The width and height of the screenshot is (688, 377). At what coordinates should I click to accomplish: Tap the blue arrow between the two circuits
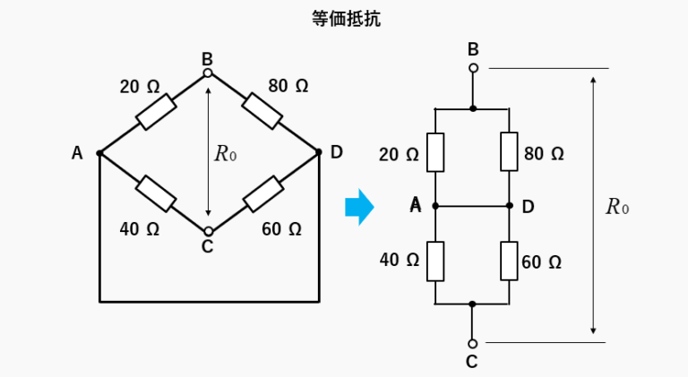click(358, 207)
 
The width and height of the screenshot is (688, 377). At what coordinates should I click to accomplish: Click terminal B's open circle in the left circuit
click(208, 73)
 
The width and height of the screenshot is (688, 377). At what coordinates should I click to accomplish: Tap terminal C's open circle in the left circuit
click(208, 230)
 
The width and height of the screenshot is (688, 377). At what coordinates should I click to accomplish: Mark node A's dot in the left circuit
click(99, 153)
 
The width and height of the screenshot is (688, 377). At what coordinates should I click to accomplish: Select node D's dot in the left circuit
click(318, 153)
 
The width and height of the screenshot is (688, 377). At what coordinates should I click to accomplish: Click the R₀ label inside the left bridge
click(225, 153)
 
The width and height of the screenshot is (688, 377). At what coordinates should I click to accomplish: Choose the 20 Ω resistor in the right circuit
click(435, 151)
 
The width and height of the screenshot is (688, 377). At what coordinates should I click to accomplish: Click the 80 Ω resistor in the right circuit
click(509, 151)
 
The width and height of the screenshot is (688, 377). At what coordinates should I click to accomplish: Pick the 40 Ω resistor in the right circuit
click(435, 261)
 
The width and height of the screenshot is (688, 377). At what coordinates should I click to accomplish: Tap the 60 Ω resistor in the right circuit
click(509, 261)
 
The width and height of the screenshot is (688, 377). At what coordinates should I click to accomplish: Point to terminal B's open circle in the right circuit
click(473, 68)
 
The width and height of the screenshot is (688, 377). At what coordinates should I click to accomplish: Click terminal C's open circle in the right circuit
click(473, 343)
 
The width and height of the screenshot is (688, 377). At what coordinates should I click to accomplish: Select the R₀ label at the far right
click(617, 207)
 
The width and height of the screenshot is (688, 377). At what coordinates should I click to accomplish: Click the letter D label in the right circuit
click(529, 207)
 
